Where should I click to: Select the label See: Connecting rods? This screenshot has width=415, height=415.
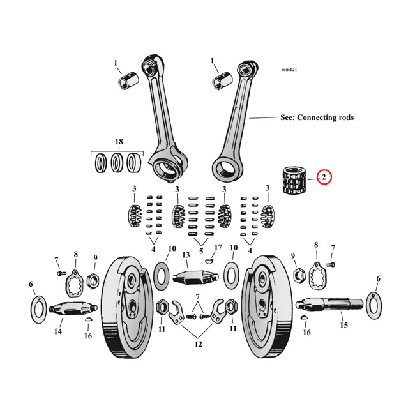317,117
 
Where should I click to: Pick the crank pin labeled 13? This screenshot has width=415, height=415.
186,278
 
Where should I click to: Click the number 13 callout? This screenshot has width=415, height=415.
186,255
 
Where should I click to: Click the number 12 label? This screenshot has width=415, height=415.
199,344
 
